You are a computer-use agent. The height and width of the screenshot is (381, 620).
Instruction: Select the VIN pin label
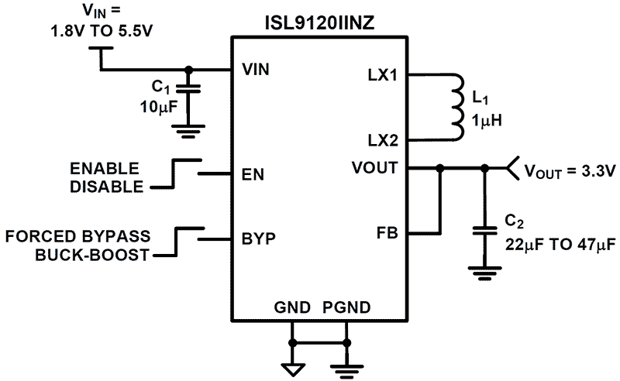pos(257,70)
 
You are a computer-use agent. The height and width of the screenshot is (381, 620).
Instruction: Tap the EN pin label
pos(253,174)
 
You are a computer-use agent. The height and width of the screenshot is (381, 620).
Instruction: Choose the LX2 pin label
pos(383,141)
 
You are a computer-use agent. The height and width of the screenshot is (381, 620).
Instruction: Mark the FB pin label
pos(387,232)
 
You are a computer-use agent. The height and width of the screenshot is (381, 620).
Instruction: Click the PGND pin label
pos(346,307)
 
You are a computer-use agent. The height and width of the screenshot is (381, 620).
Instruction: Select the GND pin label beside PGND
pos(292,307)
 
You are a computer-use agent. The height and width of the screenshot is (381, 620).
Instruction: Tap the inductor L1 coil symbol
pos(457,108)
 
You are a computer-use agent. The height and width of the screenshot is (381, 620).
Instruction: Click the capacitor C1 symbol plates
pos(186,89)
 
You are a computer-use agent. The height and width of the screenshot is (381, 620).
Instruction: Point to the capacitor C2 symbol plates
pos(486,231)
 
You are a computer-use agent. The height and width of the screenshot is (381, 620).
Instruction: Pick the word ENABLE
pos(105,168)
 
